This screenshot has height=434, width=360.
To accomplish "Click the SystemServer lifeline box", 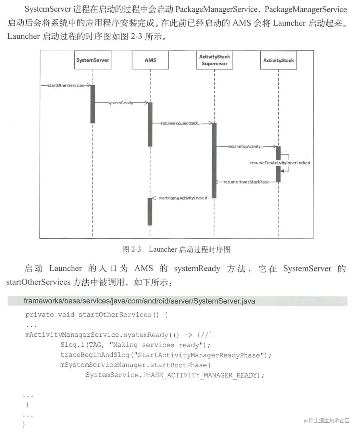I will pos(93,60).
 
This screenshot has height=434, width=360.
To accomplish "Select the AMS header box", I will pos(150,60).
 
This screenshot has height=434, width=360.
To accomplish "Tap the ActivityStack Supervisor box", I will pos(214,60).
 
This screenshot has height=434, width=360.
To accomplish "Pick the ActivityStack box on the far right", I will pos(278,60).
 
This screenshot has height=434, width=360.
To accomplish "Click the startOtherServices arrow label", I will pos(66,85).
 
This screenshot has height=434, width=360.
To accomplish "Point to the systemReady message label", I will pos(120,103).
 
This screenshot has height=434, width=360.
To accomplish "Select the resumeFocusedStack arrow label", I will pos(181,123).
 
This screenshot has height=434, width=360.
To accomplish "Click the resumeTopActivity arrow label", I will pos(245,146).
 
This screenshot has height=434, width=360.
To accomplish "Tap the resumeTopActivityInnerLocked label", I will pos(280,163).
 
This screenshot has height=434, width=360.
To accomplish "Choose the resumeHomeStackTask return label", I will pos(246,182).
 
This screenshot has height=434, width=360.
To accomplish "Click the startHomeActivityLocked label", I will pos(183,198).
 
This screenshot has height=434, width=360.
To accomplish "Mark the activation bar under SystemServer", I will pos(93,104).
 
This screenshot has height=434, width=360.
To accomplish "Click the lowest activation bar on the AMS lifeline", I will pos(150,212).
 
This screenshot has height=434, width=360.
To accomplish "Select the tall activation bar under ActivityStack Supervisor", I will pos(214,160).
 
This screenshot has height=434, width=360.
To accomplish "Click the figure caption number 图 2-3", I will pos(131,249).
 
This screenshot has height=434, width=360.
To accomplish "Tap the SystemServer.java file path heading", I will pos(139,301).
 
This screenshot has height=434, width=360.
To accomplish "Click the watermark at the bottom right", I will pos(326,420).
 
